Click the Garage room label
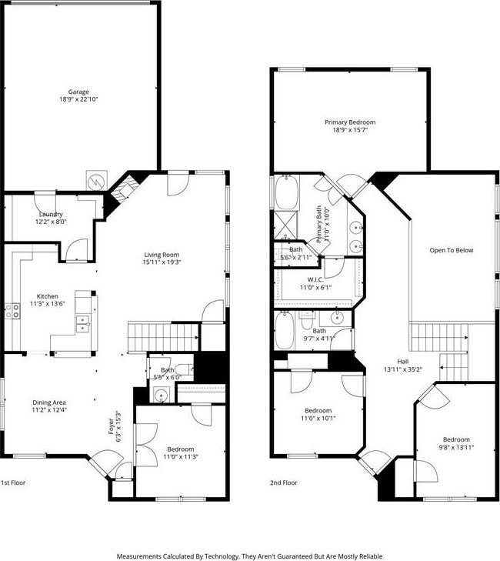(x=79, y=92)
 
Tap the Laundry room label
(x=51, y=214)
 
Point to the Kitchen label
(x=47, y=296)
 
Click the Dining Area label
(x=48, y=402)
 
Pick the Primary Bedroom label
(x=350, y=122)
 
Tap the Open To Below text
(x=452, y=250)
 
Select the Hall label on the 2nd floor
(x=403, y=362)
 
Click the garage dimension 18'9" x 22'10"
(x=79, y=99)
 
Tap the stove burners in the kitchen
(x=13, y=311)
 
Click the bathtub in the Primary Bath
(x=285, y=194)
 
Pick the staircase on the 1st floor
(x=152, y=336)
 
